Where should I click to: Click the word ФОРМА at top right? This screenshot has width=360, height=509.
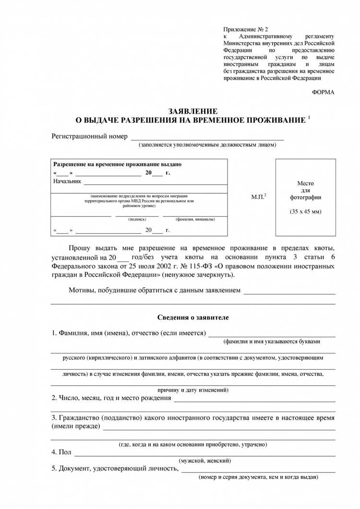pyautogui.click(x=323, y=92)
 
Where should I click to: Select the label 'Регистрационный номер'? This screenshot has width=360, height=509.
pyautogui.click(x=90, y=136)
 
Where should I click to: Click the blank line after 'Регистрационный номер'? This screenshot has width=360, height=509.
pyautogui.click(x=207, y=138)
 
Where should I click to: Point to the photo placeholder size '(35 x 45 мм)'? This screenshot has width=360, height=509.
pyautogui.click(x=305, y=212)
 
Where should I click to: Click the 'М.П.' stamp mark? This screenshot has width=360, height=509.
pyautogui.click(x=259, y=197)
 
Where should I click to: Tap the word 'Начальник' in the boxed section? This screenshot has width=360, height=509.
pyautogui.click(x=67, y=181)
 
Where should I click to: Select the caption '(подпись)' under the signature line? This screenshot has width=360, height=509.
pyautogui.click(x=138, y=219)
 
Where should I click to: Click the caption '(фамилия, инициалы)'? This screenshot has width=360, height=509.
pyautogui.click(x=195, y=219)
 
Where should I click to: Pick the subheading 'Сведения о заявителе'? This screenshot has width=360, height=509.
pyautogui.click(x=193, y=318)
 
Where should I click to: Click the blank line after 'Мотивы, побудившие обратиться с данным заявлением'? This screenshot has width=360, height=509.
pyautogui.click(x=289, y=292)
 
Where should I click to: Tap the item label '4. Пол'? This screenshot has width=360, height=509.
pyautogui.click(x=61, y=452)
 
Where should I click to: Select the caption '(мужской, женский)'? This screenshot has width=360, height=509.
pyautogui.click(x=204, y=461)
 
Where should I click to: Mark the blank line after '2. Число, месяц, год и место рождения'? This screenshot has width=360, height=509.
pyautogui.click(x=254, y=400)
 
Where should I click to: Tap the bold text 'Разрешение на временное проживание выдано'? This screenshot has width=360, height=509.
pyautogui.click(x=117, y=164)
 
